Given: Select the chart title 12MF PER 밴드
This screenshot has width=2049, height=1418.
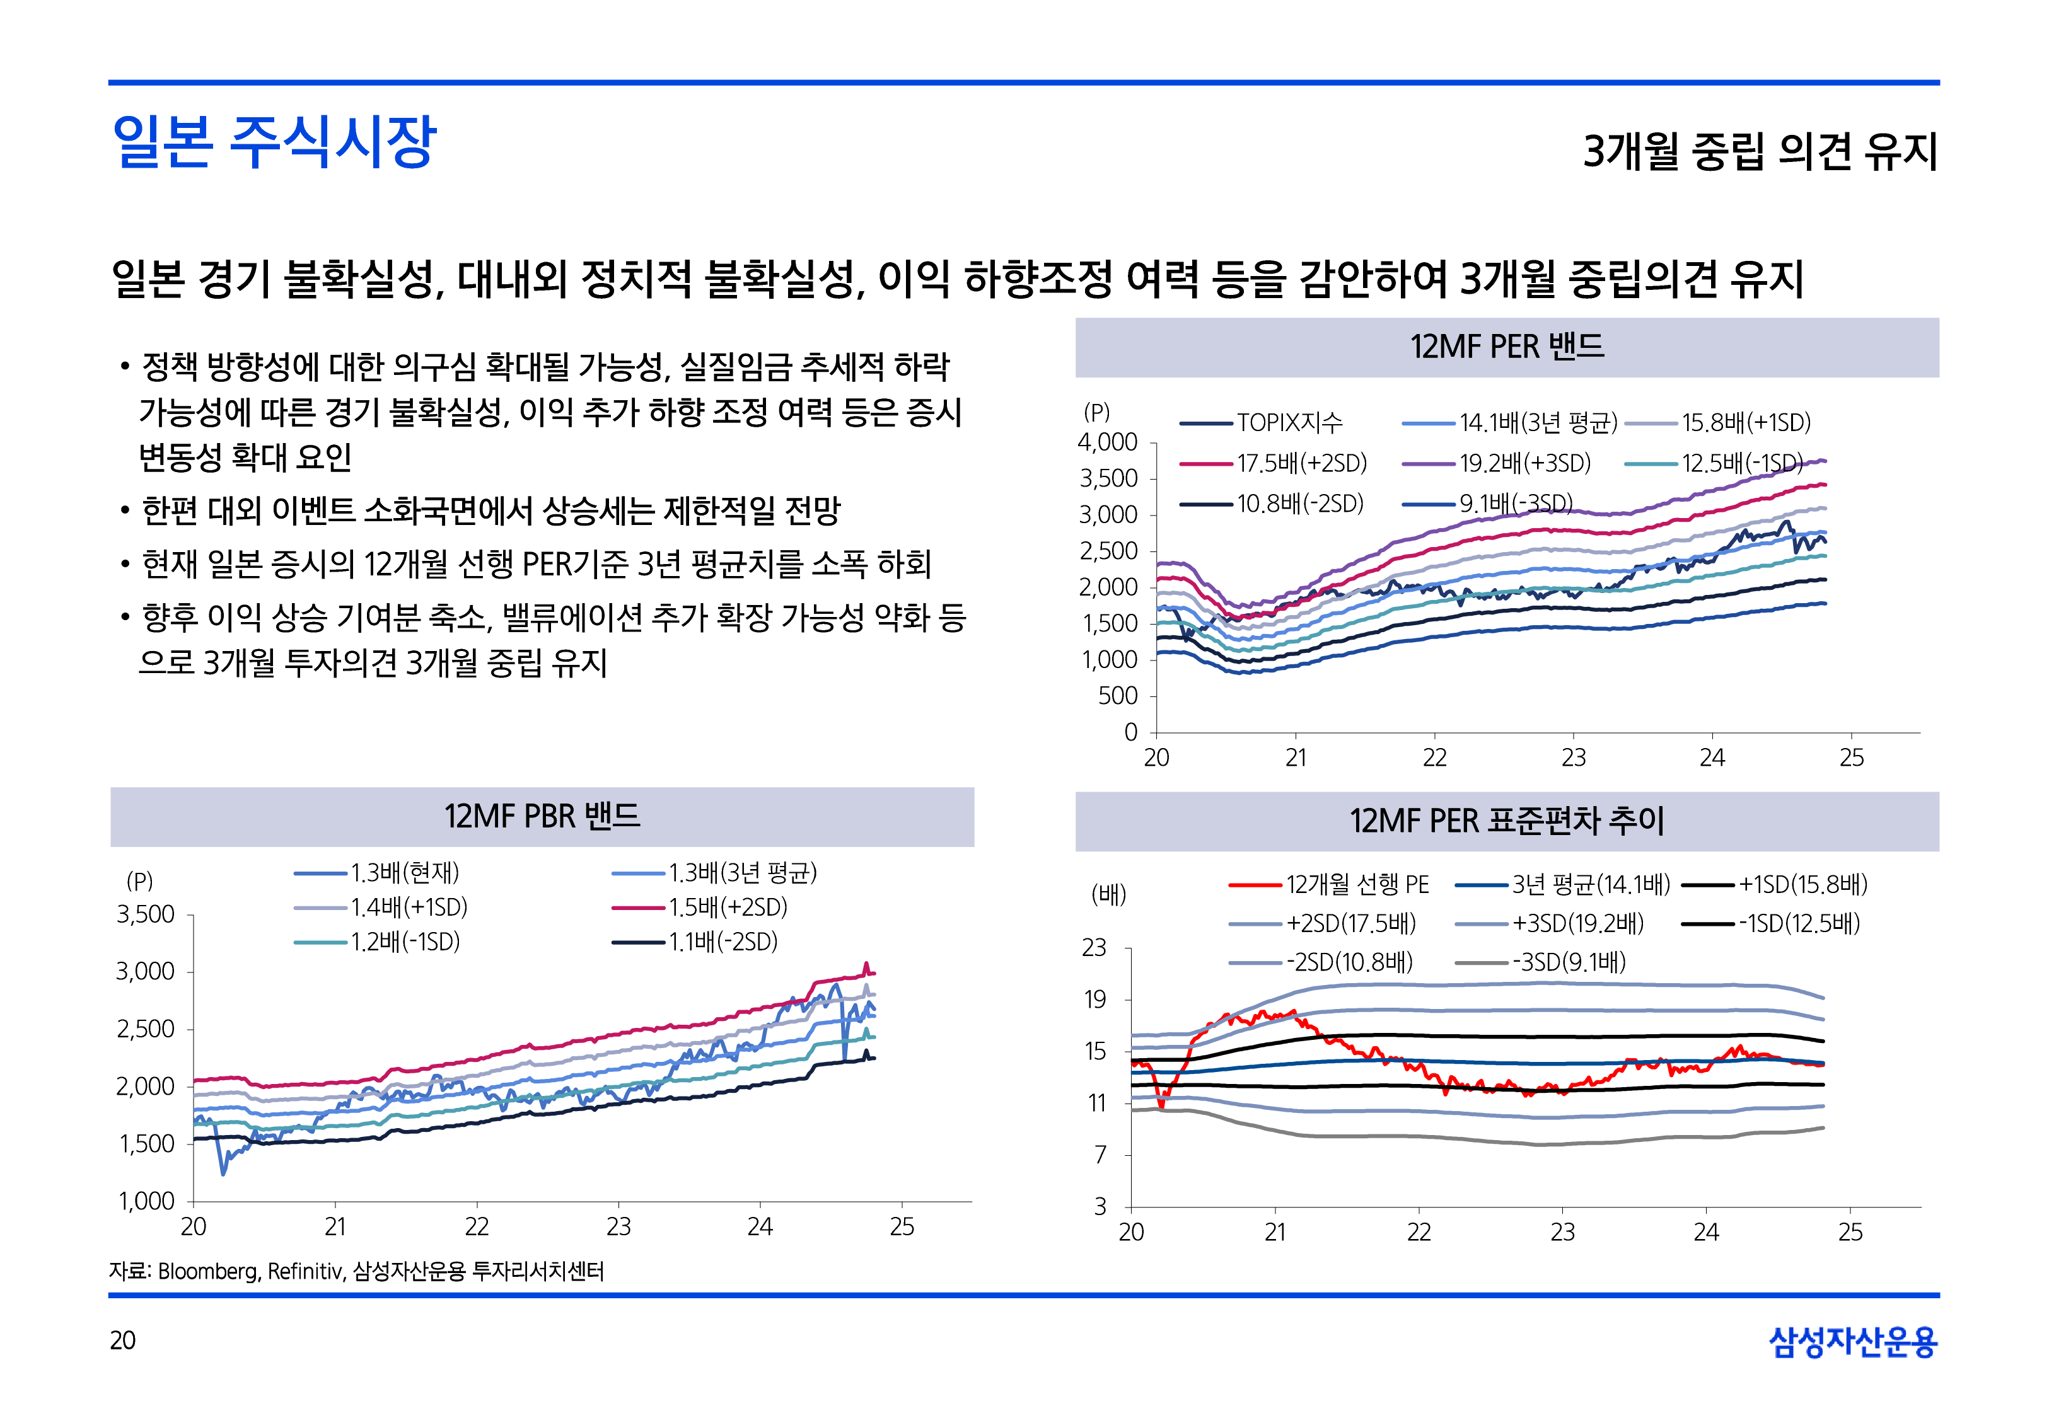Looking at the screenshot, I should pos(1506,347).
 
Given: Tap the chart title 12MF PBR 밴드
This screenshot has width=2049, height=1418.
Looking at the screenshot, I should pos(542,816).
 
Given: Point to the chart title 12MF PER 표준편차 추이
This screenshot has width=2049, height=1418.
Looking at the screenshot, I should pos(1506,820).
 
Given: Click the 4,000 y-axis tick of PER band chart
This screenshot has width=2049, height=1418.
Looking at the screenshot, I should pos(1107,442).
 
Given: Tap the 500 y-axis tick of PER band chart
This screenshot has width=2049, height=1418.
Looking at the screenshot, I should pos(1118,696).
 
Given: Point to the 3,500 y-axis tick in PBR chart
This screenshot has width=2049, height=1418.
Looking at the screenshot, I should pos(146,914).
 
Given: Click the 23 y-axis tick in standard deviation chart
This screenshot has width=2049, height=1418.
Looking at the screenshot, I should pos(1094,948).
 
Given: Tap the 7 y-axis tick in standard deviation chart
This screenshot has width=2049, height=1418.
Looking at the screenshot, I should pos(1100,1155).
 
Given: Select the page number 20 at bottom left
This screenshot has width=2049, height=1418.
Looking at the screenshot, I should pos(122,1340).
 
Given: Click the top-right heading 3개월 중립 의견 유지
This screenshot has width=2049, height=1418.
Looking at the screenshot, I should pos(1760,151).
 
